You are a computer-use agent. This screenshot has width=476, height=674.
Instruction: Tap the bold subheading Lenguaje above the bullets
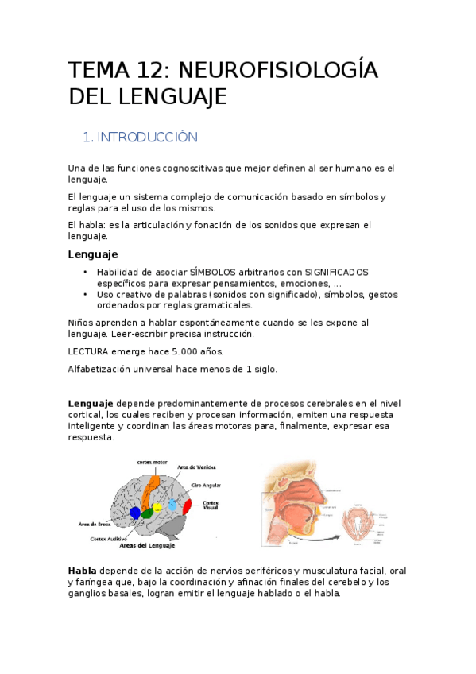tap(93, 254)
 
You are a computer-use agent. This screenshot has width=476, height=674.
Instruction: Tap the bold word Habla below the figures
tap(82, 571)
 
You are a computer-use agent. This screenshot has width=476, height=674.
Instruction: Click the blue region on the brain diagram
tap(135, 513)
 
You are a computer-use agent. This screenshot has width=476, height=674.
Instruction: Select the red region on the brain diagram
tap(188, 506)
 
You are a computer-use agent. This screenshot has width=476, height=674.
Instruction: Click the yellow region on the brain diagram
tap(157, 507)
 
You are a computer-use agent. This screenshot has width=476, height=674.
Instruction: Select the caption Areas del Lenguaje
tap(146, 546)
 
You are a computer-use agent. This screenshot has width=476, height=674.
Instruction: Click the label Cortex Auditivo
tap(109, 538)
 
